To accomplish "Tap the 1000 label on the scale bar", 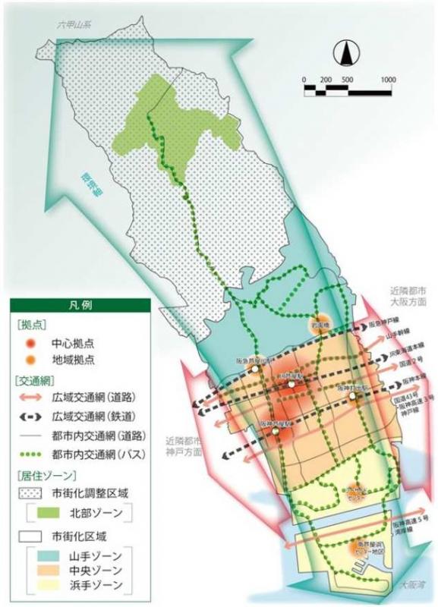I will pyautogui.click(x=389, y=79).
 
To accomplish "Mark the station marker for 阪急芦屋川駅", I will pyautogui.click(x=257, y=368).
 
